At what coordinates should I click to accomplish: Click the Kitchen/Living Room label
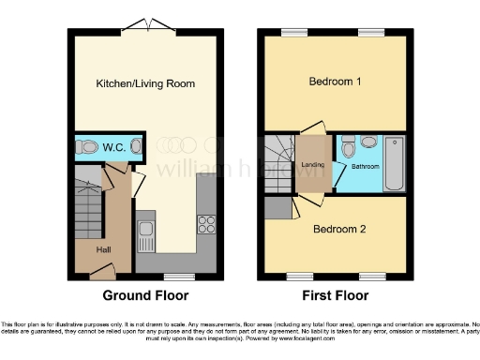pos(145,84)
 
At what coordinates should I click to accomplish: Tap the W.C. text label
pos(114,147)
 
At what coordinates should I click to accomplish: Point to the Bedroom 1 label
pos(336,82)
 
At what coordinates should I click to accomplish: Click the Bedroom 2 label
pos(338,229)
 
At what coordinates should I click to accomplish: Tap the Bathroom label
pos(366,167)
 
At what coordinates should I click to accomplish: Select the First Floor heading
pos(336,294)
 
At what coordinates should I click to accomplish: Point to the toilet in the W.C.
pos(88,147)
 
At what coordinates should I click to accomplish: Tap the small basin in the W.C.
pos(137,146)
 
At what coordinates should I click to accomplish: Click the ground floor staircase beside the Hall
pos(87,201)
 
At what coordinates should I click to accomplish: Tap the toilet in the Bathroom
pos(347,147)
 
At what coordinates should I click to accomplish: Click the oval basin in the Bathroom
pos(367,143)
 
